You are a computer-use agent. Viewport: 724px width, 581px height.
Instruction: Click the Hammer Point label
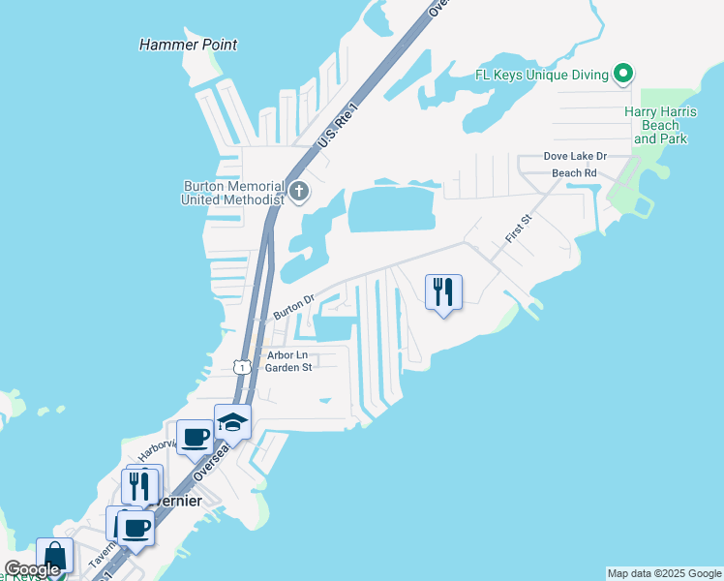point(188,45)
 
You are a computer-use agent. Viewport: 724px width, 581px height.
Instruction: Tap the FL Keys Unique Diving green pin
point(625,74)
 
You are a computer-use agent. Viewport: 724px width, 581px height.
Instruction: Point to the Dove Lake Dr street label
point(574,156)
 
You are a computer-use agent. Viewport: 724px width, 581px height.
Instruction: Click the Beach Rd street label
point(574,173)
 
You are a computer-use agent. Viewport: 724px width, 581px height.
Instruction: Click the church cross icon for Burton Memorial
point(298,192)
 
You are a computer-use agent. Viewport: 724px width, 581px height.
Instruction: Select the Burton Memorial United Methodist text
point(232,193)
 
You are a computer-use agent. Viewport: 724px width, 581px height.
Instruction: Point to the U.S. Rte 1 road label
point(337,126)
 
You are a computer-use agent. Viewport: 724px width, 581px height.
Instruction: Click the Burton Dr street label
point(294,307)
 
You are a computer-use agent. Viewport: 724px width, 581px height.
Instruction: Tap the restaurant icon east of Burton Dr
point(443,291)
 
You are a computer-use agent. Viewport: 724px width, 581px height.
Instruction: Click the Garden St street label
point(288,368)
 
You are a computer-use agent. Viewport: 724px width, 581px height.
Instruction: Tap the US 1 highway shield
point(242,366)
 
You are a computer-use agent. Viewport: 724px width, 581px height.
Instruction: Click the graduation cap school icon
point(232,421)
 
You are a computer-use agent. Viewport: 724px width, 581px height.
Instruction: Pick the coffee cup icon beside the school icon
point(196,437)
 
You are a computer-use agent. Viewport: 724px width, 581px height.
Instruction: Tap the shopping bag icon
point(54,557)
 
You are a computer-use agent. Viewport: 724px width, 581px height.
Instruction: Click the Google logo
point(32,569)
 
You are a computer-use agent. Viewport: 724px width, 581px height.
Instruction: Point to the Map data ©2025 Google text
point(664,573)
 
